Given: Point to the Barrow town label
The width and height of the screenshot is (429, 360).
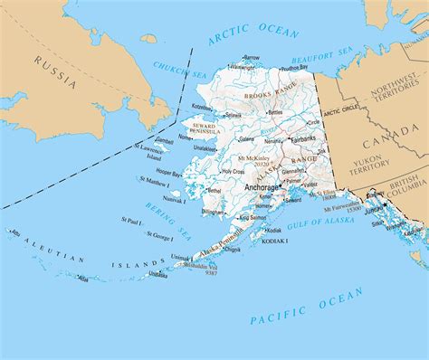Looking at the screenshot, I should tap(251, 57).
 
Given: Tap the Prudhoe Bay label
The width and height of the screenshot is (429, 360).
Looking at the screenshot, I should tap(294, 66).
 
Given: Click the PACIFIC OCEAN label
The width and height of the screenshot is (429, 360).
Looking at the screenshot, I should tap(307, 307).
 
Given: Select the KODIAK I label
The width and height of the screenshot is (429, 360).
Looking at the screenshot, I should tap(276, 242).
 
